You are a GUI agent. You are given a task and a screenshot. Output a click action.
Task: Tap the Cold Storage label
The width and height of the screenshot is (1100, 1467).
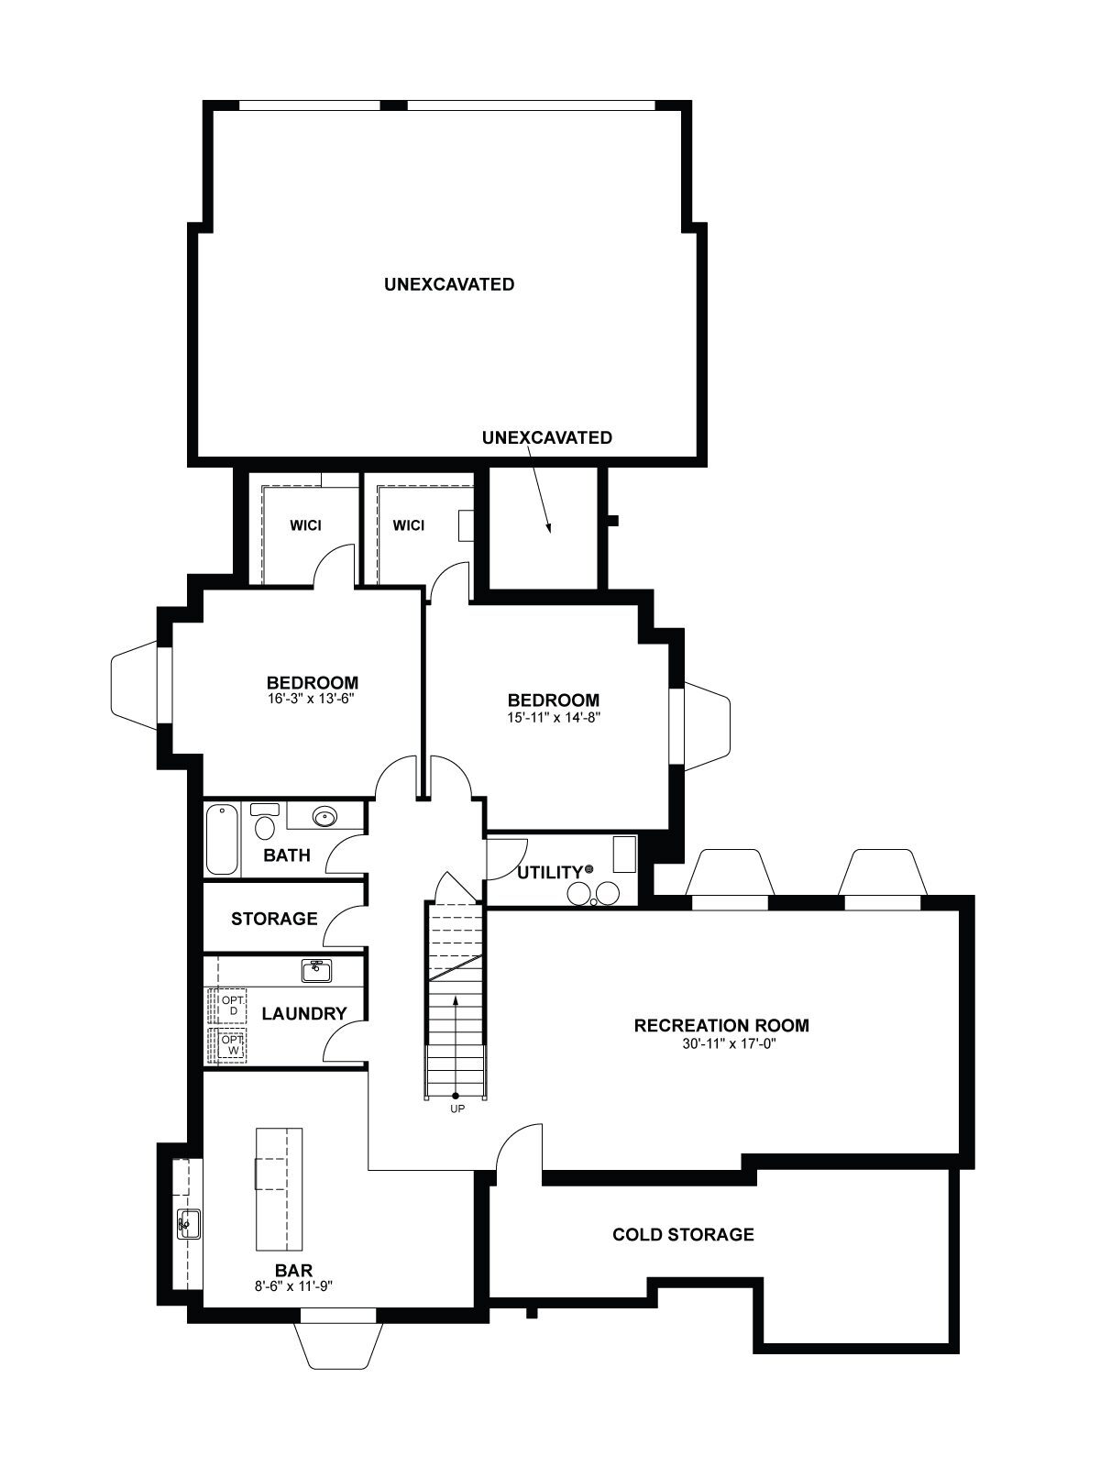tap(683, 1234)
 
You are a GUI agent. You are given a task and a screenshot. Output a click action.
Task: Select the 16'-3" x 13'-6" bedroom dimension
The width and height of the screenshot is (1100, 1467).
tap(313, 700)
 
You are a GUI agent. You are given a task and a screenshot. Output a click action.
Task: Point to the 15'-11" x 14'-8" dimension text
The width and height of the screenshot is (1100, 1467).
tap(554, 718)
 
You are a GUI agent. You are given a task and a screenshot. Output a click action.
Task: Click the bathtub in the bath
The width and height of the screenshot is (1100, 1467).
tap(223, 840)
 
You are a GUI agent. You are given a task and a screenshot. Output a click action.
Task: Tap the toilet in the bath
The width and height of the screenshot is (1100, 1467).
tap(264, 822)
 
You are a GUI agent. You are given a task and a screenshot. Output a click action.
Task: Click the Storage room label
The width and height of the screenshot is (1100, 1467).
tap(274, 919)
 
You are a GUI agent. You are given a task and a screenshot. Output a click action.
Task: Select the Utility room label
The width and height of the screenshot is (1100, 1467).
tap(551, 872)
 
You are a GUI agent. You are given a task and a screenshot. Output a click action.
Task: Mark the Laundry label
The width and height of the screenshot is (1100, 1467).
tap(304, 1014)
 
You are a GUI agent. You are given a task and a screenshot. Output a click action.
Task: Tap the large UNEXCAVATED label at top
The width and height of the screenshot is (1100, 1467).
tap(449, 284)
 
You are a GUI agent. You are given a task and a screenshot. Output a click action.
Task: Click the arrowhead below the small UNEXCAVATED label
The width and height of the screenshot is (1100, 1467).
tap(548, 528)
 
